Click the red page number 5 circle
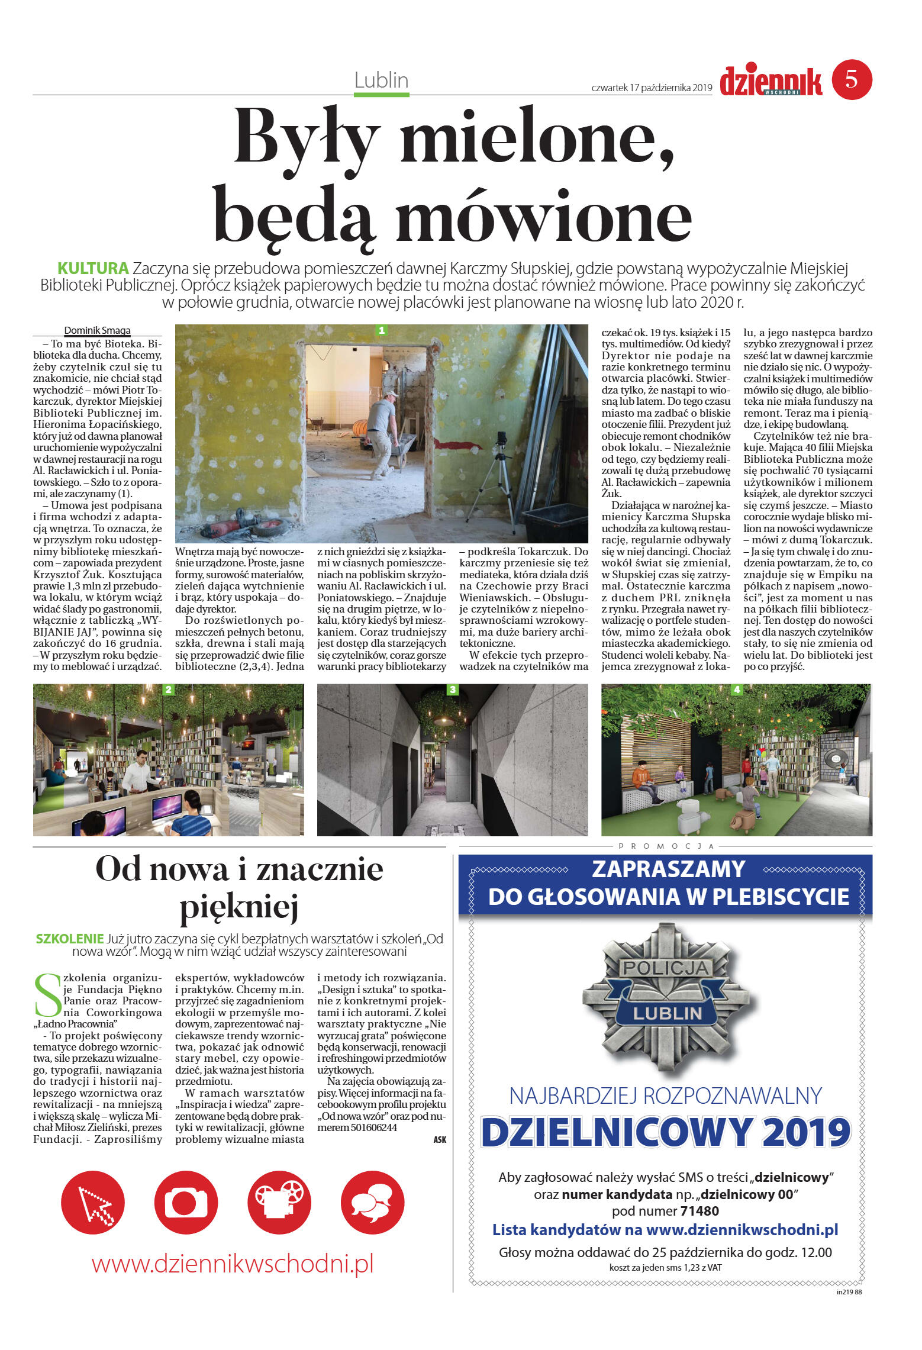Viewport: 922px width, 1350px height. [x=852, y=79]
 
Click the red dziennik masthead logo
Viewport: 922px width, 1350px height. [x=771, y=82]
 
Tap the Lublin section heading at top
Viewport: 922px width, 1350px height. [x=381, y=80]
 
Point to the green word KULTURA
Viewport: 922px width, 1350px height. [x=93, y=268]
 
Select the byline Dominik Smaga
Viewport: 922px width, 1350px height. [x=97, y=330]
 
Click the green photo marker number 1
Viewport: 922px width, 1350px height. [x=382, y=330]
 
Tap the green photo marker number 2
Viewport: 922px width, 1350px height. [x=169, y=690]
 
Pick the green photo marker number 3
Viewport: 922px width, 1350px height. [x=453, y=690]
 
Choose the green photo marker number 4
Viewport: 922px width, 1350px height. [x=737, y=690]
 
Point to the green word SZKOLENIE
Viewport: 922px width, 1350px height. [x=70, y=938]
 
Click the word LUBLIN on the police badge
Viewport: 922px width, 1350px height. [x=667, y=1013]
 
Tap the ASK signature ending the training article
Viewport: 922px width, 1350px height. [x=439, y=1139]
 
